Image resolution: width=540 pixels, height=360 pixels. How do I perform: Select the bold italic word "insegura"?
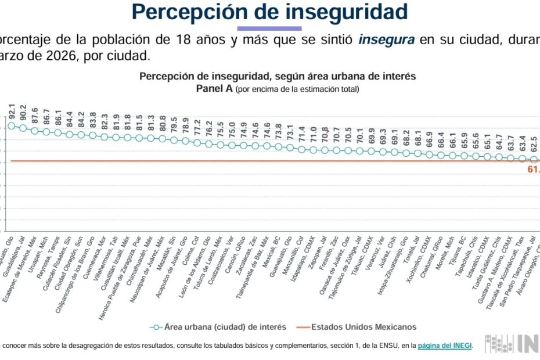click(x=387, y=40)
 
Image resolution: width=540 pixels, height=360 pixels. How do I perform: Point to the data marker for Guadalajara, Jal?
click(x=23, y=128)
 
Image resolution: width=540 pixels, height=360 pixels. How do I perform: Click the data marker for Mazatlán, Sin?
click(x=174, y=141)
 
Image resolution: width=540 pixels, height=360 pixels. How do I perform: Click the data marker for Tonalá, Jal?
click(x=418, y=153)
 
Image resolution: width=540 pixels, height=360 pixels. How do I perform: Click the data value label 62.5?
click(x=534, y=143)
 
